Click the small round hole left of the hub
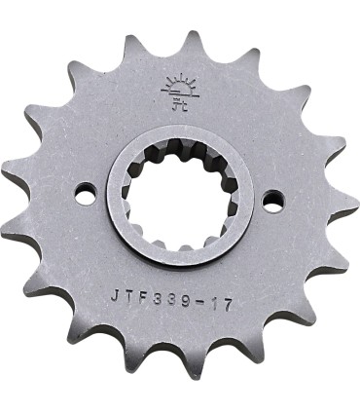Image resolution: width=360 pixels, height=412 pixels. (86, 197)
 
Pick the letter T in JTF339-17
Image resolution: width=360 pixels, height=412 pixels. (128, 292)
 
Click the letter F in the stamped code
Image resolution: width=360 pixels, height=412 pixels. (143, 292)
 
